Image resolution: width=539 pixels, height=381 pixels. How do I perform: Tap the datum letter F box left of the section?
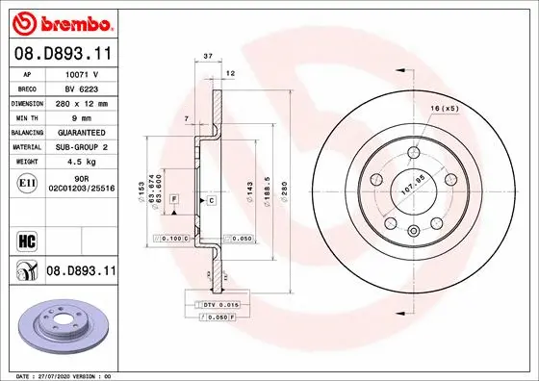(x=174, y=198)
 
